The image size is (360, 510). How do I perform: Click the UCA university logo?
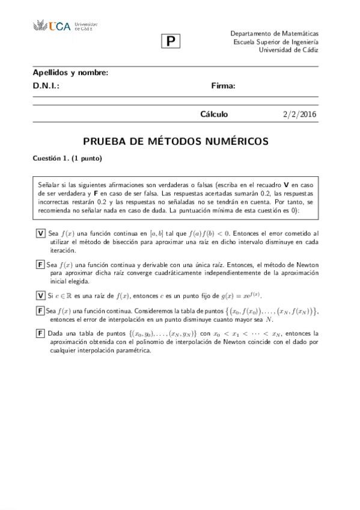pos(64,26)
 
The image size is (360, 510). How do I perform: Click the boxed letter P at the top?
pos(171,41)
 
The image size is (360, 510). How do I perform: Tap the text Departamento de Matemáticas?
pos(274,34)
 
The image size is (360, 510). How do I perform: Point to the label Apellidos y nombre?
pos(70,73)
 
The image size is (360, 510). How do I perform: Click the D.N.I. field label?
pos(46,86)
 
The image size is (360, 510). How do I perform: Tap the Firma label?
pos(223,86)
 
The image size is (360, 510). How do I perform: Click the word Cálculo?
pos(214,114)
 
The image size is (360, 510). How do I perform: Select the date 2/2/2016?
pos(299,114)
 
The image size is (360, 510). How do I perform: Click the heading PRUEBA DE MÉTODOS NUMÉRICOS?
pos(175,142)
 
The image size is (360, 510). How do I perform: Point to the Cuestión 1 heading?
pos(67,159)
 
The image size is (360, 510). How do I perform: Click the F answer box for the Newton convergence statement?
pos(40,265)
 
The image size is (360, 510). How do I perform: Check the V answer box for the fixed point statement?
pos(40,295)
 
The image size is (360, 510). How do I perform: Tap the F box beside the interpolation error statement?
pos(40,311)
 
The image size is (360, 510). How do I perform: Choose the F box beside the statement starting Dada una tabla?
pos(40,333)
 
